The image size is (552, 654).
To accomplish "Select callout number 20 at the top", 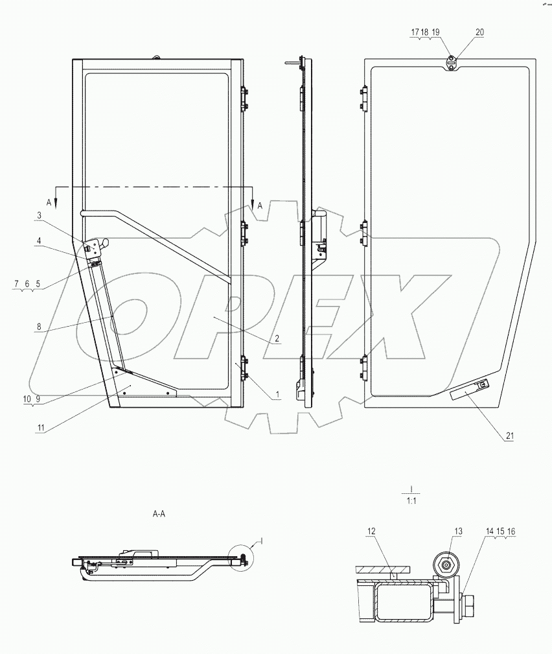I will pos(479,32).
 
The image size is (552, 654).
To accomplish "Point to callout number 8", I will pos(39,328).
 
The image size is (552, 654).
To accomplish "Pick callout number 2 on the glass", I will pos(276,338).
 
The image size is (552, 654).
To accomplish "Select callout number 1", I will pos(276,393).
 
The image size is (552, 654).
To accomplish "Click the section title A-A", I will pos(159,513).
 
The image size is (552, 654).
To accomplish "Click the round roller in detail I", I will pos(446,564).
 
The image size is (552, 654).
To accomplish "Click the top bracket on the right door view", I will pos(451,63).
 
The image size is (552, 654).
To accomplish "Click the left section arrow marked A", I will pos(56,197).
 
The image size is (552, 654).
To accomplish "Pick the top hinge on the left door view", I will pos(244,99).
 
